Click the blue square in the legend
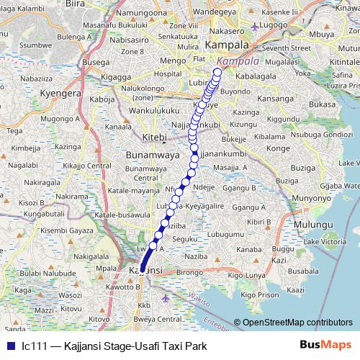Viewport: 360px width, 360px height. click(8, 346)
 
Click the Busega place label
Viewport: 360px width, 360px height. click(96, 63)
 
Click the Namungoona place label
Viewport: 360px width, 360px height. click(139, 13)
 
